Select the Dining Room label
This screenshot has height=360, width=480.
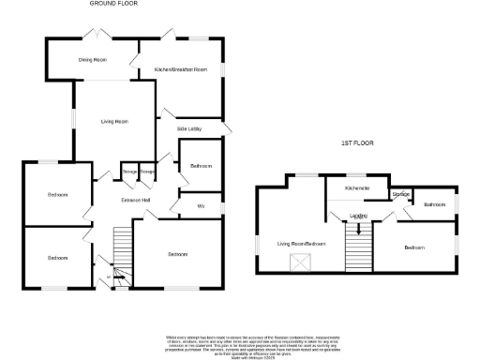[x=92, y=59]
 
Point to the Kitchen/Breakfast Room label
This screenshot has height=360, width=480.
[x=180, y=69]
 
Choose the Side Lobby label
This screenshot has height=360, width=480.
[x=190, y=128]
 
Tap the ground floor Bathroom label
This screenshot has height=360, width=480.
[x=201, y=165]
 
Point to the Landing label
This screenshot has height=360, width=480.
[x=358, y=217]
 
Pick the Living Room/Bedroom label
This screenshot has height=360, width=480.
[x=300, y=244]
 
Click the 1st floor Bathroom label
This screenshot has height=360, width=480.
[x=433, y=204]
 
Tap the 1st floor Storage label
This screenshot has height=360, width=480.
[x=400, y=194]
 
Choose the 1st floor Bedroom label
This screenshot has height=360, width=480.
[x=414, y=247]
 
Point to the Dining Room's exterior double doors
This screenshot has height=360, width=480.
[x=94, y=34]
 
